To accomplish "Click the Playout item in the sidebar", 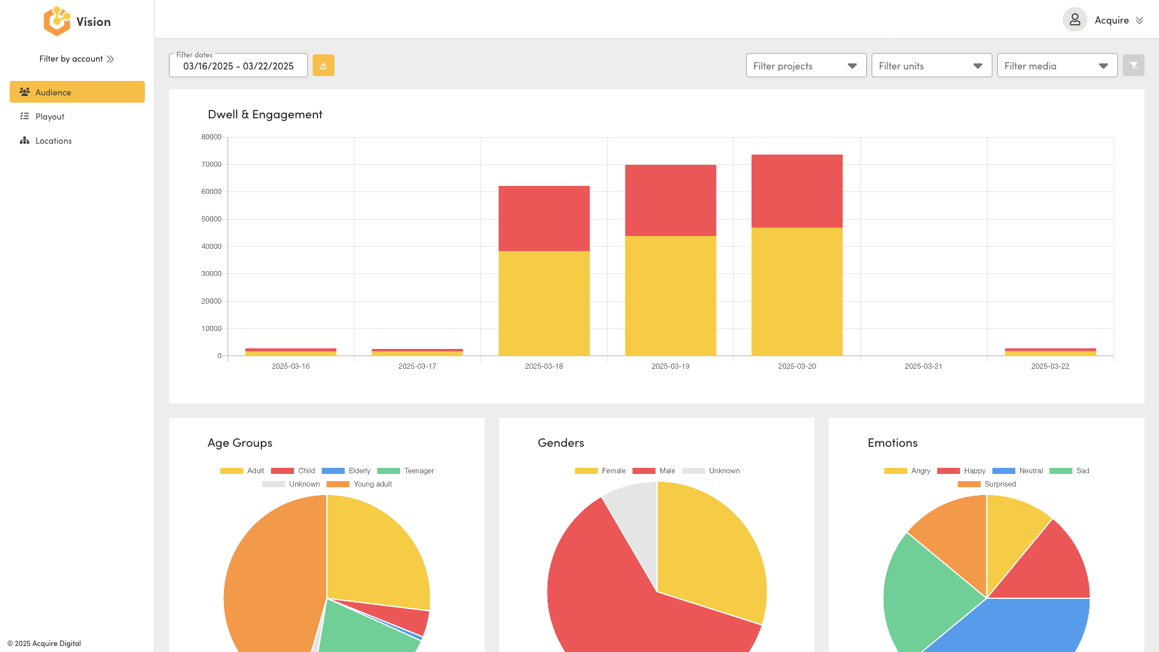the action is tap(49, 117).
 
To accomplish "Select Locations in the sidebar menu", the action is tap(53, 141).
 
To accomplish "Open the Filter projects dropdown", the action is tap(806, 66).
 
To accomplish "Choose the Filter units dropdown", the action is tap(931, 66).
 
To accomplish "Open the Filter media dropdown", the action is tap(1057, 66).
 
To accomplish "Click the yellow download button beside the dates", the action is tap(324, 65).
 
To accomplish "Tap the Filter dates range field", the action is tap(238, 66).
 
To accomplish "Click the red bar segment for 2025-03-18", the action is tap(544, 219).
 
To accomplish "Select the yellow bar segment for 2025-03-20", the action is tap(797, 292).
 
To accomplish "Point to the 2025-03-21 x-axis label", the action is tap(923, 366).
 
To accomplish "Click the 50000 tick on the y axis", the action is tap(211, 219).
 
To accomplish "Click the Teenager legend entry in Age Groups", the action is tap(406, 471).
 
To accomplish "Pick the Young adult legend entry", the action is tap(359, 484).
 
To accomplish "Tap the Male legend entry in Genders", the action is tap(654, 471).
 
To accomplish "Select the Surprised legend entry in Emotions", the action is tap(987, 484).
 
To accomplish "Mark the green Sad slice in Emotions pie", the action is tap(924, 592).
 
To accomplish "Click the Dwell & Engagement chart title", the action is tap(265, 114).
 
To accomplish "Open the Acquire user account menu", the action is tap(1103, 20).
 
